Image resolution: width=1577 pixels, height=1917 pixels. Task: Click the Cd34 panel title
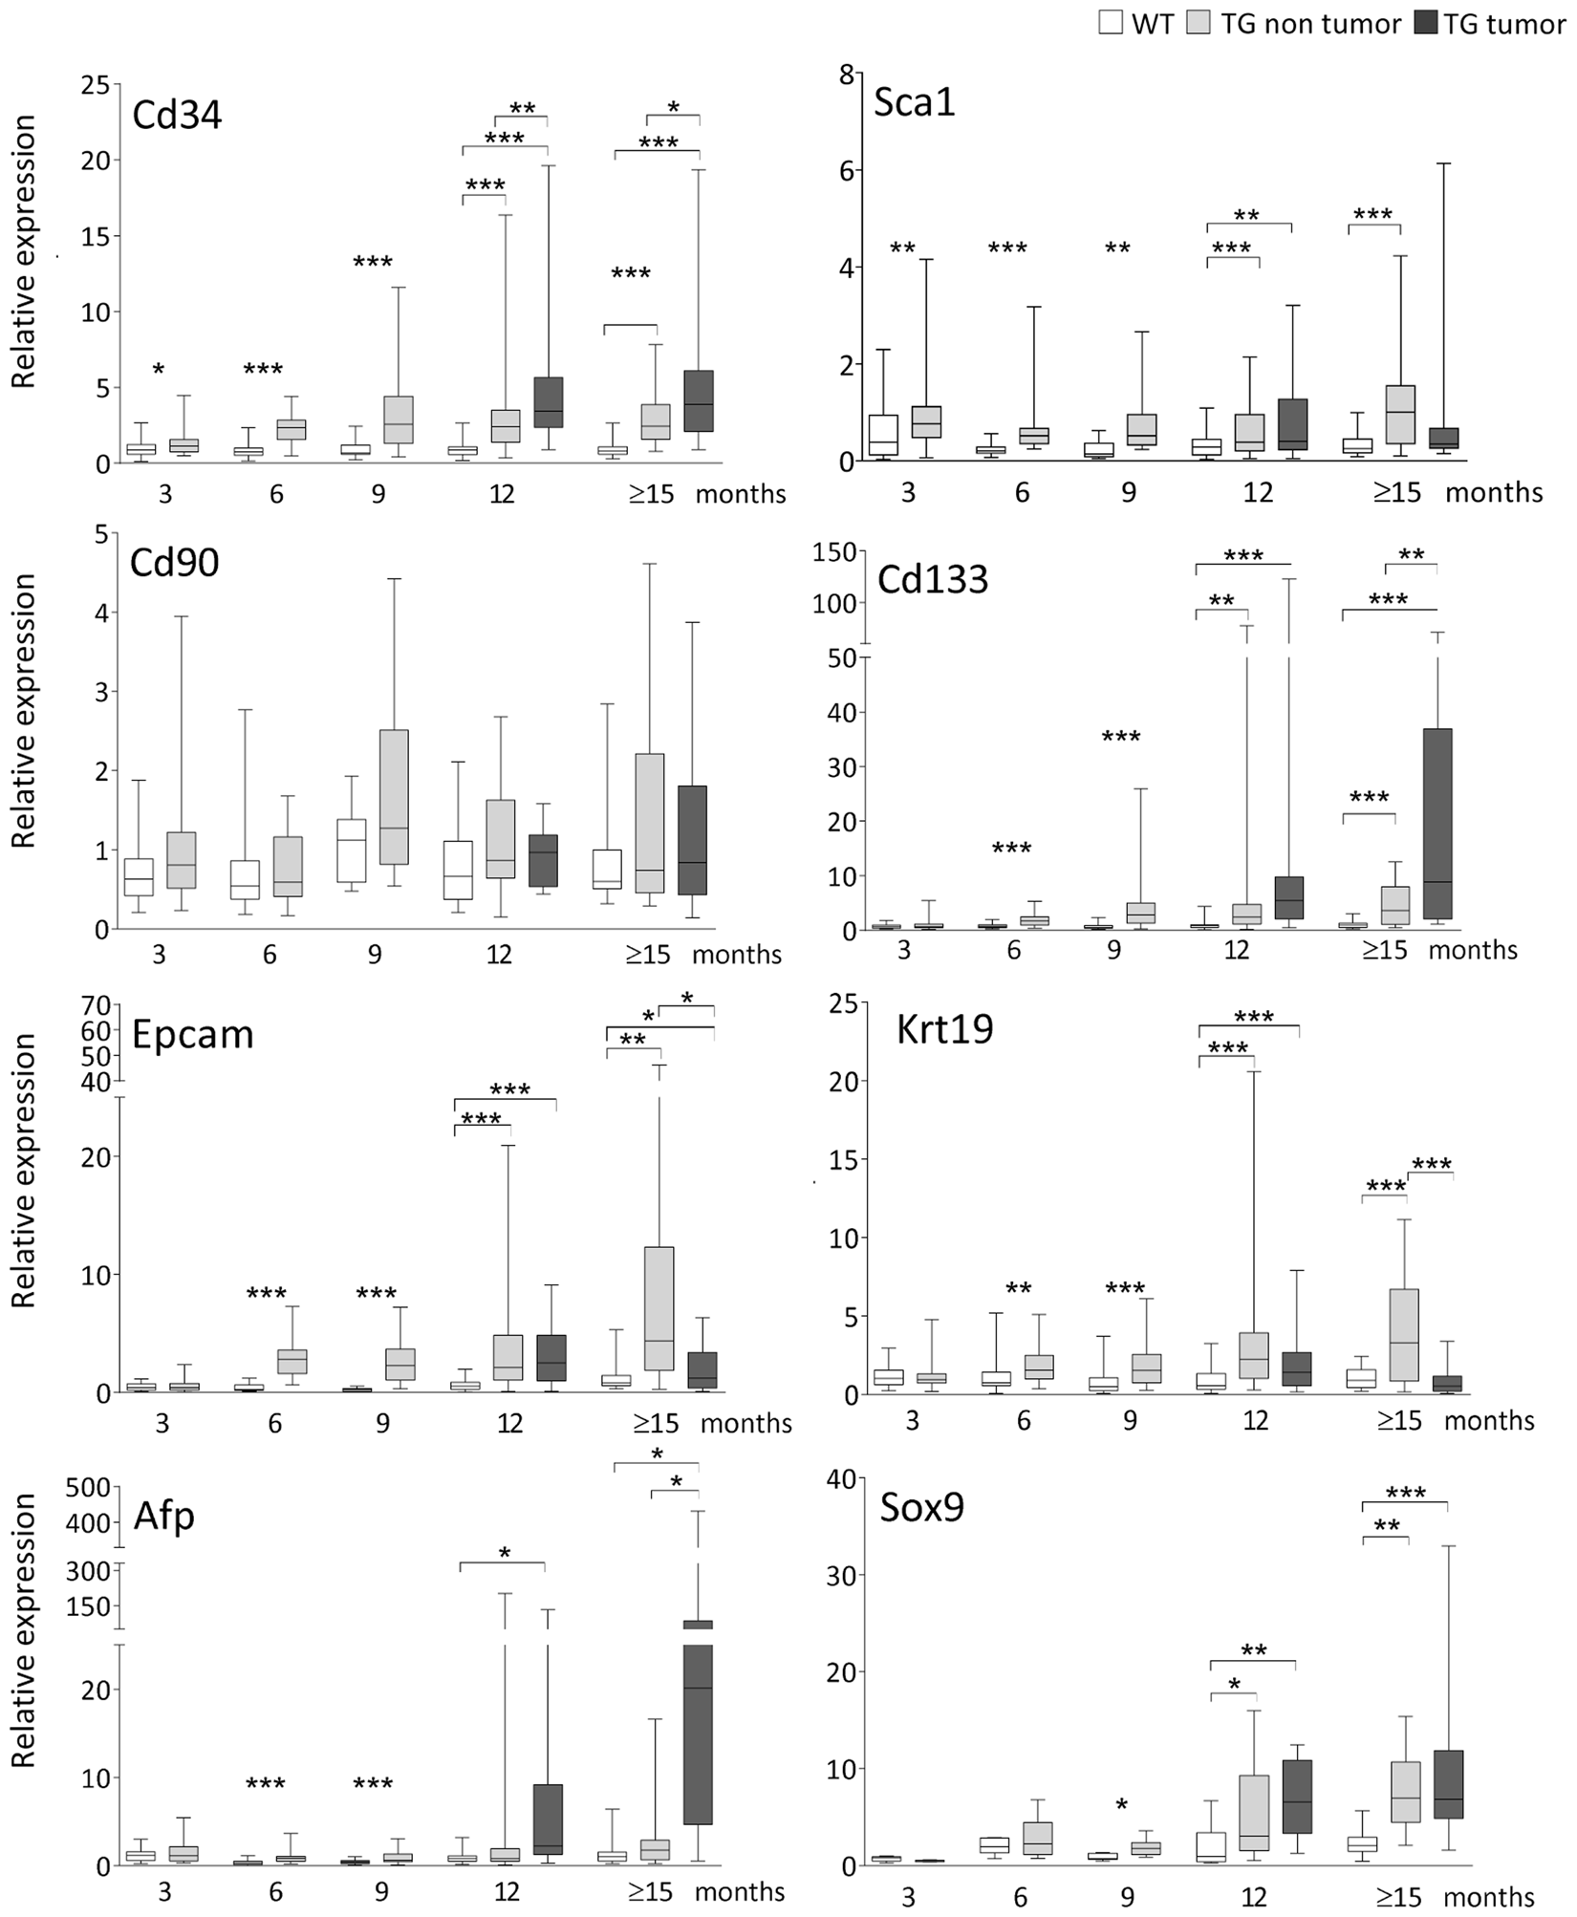point(177,116)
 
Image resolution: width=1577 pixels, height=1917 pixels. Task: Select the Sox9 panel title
point(922,1507)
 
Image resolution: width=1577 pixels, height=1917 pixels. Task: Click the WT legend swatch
point(1111,22)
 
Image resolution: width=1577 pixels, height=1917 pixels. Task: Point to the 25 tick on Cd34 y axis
point(94,84)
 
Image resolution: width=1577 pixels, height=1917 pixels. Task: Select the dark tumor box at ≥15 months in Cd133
point(1437,823)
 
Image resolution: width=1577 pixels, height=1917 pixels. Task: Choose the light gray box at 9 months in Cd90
point(394,797)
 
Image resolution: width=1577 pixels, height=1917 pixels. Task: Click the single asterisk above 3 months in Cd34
point(159,371)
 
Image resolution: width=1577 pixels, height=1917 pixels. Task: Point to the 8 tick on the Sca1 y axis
point(845,74)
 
